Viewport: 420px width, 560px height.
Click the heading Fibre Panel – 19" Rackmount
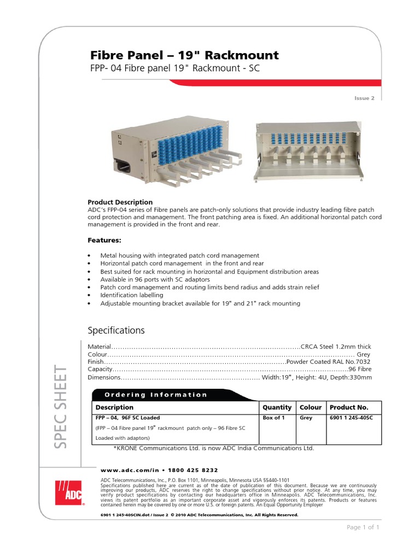(184, 55)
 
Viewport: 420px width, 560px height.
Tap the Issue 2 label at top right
(365, 98)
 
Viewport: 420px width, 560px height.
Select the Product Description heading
(120, 202)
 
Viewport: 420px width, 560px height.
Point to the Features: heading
(104, 240)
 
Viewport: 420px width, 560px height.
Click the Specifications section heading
(116, 330)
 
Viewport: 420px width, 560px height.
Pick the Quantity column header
(277, 407)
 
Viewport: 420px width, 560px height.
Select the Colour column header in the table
(310, 407)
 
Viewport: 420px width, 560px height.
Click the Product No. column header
(349, 407)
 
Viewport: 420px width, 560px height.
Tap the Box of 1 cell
(273, 418)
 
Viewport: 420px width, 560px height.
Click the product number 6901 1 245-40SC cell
(351, 418)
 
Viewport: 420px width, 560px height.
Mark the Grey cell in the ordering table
(306, 418)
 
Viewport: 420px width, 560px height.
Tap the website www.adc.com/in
(126, 470)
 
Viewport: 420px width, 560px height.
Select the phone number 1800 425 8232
(187, 470)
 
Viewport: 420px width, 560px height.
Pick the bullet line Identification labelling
(132, 295)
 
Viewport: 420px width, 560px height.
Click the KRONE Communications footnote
(213, 448)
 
